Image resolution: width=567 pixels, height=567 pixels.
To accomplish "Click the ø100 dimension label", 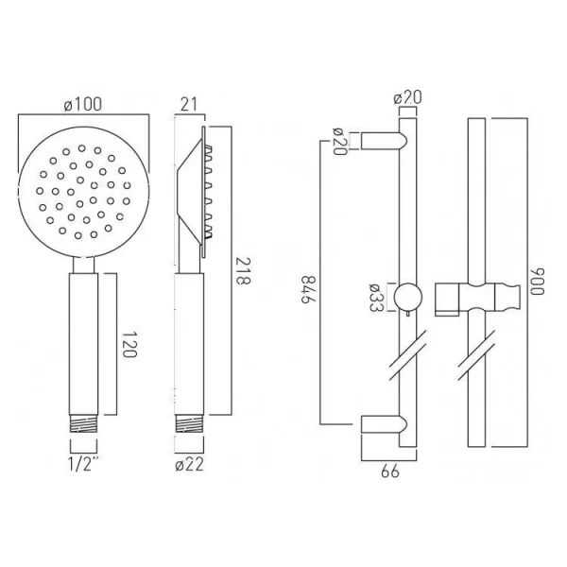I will click(83, 106).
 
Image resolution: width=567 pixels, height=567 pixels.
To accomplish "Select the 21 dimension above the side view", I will click(188, 106).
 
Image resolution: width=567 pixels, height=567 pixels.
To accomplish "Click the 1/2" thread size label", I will click(84, 464).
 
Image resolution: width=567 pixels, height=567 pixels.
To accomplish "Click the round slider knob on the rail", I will click(407, 295).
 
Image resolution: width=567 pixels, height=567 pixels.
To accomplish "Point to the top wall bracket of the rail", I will click(384, 140).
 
